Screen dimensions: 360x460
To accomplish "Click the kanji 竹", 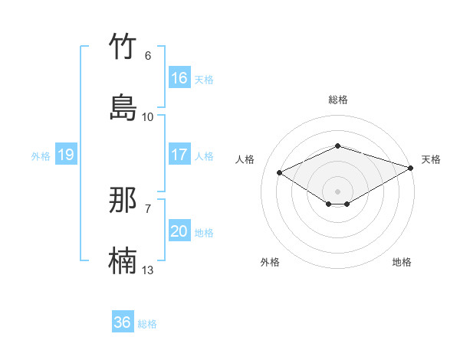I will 123,47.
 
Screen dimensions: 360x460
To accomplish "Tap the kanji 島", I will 123,108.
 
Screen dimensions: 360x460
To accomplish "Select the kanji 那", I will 123,201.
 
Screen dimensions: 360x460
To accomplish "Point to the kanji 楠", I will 123,261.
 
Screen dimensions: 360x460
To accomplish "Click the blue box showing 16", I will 179,78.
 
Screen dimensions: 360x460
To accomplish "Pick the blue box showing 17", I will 179,155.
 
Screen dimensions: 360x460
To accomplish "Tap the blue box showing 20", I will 179,231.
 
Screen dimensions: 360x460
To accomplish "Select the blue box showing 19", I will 66,155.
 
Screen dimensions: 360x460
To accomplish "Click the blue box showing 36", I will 123,322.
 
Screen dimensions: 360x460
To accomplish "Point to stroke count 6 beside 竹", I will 148,56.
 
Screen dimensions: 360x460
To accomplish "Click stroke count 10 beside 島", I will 148,117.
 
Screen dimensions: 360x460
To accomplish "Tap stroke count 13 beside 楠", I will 148,270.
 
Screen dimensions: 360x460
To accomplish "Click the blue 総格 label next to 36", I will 147,324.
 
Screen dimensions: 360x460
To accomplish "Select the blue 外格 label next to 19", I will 41,156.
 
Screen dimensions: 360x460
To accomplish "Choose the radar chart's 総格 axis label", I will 338,100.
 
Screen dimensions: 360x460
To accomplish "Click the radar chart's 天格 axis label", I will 431,159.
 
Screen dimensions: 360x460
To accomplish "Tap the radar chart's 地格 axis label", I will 402,262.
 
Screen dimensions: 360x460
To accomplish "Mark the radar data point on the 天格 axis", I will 412,167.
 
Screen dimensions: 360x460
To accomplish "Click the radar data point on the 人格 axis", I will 280,172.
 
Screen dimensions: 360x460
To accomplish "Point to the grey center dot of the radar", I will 338,191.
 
